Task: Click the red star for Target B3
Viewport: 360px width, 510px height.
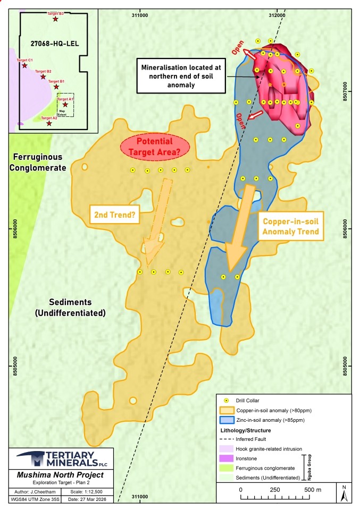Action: (x=55, y=19)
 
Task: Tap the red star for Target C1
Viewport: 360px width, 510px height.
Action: (x=24, y=66)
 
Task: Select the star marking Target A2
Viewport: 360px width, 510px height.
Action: (x=49, y=123)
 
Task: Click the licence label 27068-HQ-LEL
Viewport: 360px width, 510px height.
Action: (x=52, y=44)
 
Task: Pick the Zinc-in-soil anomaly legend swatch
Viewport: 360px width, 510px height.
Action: (x=226, y=420)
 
